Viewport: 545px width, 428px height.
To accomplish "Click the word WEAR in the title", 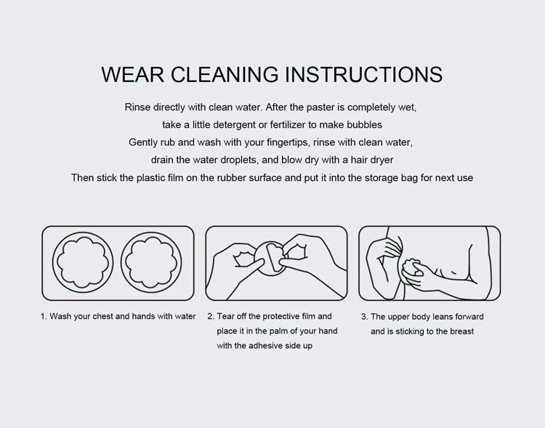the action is coord(132,74).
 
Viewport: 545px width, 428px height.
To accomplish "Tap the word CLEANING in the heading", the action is coord(225,74).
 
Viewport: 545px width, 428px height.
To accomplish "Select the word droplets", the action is coord(234,160).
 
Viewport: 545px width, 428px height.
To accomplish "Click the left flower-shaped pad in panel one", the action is coord(83,262).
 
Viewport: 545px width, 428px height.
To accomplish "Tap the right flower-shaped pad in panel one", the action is coord(151,262).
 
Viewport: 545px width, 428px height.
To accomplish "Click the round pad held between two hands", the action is coord(270,259).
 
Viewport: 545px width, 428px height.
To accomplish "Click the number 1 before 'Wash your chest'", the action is coord(44,316).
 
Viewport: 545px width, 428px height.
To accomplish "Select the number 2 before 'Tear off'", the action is coord(210,316).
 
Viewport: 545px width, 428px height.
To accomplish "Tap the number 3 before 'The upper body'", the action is coord(364,317).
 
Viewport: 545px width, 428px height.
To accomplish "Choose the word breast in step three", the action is coord(462,331).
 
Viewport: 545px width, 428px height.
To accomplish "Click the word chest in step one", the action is coord(102,316).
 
